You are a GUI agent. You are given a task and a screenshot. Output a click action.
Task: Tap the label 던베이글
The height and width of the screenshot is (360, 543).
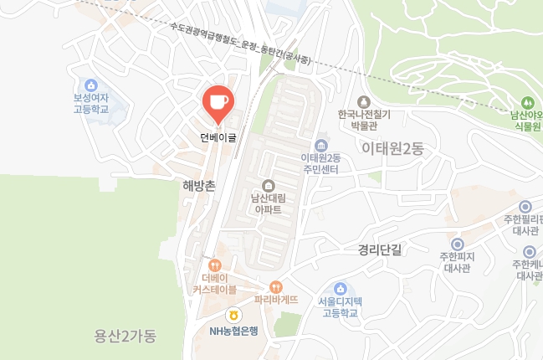[x=218, y=137]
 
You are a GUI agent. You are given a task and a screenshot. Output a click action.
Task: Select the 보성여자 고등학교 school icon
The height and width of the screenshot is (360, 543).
[x=91, y=85]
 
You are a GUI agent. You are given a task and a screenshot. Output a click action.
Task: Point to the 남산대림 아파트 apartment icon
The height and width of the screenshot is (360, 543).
[x=268, y=186]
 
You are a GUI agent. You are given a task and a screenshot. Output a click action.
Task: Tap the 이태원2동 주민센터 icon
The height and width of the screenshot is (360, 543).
[x=320, y=146]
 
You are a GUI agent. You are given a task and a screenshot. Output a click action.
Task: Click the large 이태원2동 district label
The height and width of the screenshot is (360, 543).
[x=393, y=149]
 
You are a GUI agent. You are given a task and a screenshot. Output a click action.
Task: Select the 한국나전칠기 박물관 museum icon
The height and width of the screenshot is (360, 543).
[x=365, y=101]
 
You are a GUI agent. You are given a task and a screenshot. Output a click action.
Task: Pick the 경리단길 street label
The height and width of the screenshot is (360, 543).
[x=380, y=249]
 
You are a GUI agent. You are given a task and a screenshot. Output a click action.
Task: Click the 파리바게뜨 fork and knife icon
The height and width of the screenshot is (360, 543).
[x=276, y=285]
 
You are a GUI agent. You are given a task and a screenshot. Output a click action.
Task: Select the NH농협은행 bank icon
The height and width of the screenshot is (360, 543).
[x=234, y=316]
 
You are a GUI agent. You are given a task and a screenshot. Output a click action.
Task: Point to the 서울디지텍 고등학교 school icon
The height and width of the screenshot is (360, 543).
[x=339, y=288]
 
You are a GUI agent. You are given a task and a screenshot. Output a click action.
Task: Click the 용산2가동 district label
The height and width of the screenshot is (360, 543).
[x=126, y=336]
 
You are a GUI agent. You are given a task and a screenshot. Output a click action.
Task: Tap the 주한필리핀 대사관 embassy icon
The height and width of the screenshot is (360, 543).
[x=525, y=207]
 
